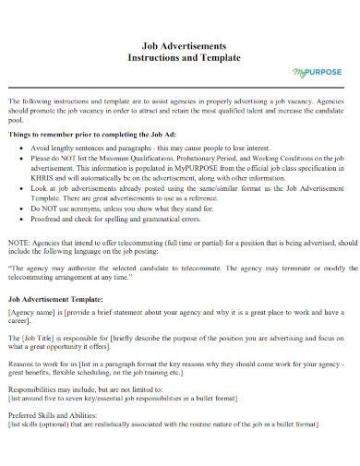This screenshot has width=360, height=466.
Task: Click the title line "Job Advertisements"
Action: [179, 45]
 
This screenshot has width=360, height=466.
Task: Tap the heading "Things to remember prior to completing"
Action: [83, 134]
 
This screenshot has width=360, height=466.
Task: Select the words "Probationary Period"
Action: [210, 158]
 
